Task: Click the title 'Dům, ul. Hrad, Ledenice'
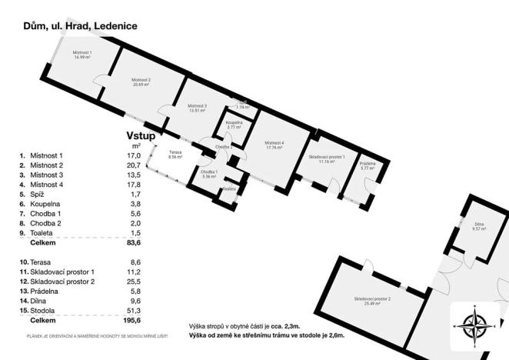click(80, 25)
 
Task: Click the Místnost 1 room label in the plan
click(82, 55)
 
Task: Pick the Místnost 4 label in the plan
click(274, 145)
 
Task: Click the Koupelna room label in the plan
click(235, 125)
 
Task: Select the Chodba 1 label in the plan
click(209, 174)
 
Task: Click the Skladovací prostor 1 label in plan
click(327, 159)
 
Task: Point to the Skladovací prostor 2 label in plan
click(372, 300)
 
